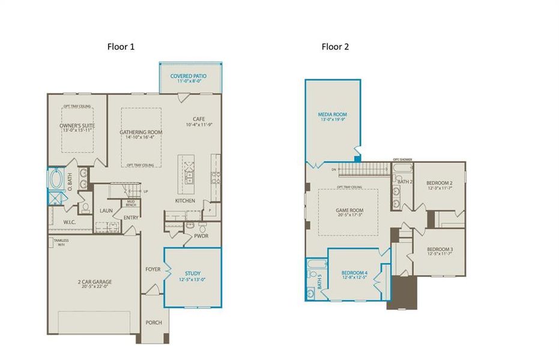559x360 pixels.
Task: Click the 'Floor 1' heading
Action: pos(121,47)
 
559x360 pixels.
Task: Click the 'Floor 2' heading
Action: pos(335,47)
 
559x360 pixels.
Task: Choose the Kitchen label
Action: pos(185,200)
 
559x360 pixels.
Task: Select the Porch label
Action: pos(154,323)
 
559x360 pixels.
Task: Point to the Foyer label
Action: pos(153,269)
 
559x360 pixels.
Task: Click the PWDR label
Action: pos(201,236)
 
